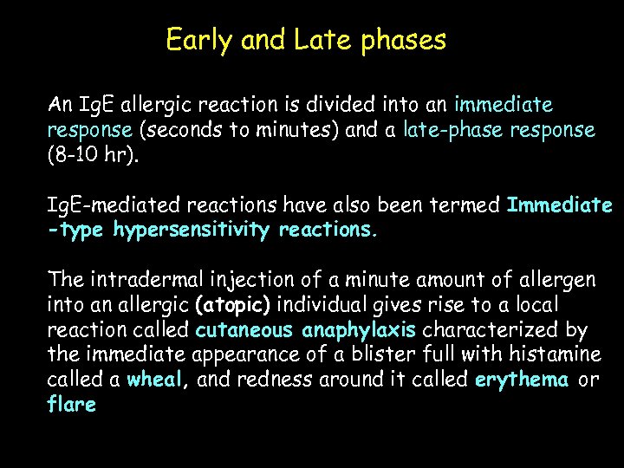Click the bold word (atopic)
tap(233, 306)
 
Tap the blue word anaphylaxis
tap(360, 330)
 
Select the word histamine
tap(555, 355)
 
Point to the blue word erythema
tap(521, 380)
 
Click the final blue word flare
tap(71, 405)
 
